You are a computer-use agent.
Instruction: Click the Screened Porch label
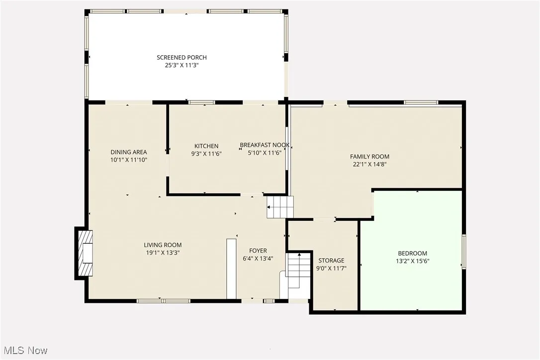point(181,58)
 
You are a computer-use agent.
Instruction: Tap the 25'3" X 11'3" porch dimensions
point(181,65)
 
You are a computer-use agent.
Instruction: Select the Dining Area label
point(129,152)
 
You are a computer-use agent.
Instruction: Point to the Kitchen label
point(206,146)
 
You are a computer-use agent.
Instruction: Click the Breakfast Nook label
point(265,145)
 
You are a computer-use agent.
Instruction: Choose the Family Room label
point(369,157)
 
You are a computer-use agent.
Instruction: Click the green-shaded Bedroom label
point(412,253)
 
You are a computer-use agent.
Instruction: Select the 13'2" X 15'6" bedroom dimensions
point(412,261)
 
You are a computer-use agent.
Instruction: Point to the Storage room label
point(331,261)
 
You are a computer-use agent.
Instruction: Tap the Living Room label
point(163,245)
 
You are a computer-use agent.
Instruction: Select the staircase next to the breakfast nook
point(280,207)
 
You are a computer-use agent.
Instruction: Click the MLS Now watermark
point(24,351)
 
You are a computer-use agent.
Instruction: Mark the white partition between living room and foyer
point(231,269)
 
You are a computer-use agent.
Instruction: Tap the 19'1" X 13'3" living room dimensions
point(163,252)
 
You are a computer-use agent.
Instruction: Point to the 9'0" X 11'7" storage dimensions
point(331,268)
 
